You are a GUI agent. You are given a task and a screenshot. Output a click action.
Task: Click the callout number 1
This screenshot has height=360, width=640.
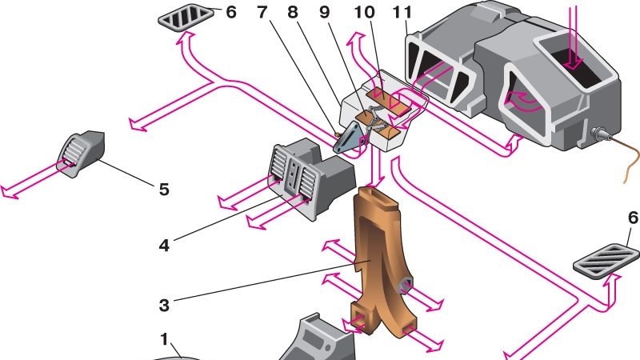(164, 339)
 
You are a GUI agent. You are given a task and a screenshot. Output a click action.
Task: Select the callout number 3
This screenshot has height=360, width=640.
(164, 306)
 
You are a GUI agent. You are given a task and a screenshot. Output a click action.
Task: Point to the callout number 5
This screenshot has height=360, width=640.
(164, 190)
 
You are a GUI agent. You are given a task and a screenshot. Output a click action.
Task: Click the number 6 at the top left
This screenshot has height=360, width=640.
(230, 14)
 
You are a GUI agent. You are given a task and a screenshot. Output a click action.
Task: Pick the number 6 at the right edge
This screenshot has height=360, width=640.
(633, 218)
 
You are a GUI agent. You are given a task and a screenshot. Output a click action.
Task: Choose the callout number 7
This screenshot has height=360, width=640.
(263, 14)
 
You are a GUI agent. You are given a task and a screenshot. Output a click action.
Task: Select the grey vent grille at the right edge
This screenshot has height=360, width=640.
(608, 260)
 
